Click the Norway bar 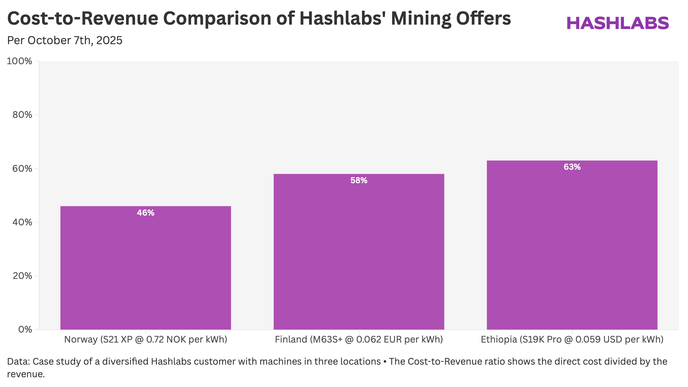[x=146, y=268]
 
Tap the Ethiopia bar [x=572, y=245]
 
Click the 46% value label [x=146, y=213]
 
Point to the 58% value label [x=359, y=180]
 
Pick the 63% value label [x=572, y=167]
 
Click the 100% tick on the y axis [x=19, y=61]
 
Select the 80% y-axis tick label [x=22, y=115]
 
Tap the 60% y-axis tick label [x=22, y=169]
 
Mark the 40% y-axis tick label [x=22, y=222]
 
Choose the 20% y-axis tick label [x=22, y=276]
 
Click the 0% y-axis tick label [x=25, y=329]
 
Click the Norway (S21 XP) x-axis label [x=146, y=339]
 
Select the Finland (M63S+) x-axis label [x=359, y=339]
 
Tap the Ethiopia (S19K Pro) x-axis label [x=572, y=339]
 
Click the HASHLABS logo [x=618, y=23]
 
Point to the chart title [x=259, y=18]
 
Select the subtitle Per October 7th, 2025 [x=65, y=40]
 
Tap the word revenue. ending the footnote [x=26, y=374]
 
